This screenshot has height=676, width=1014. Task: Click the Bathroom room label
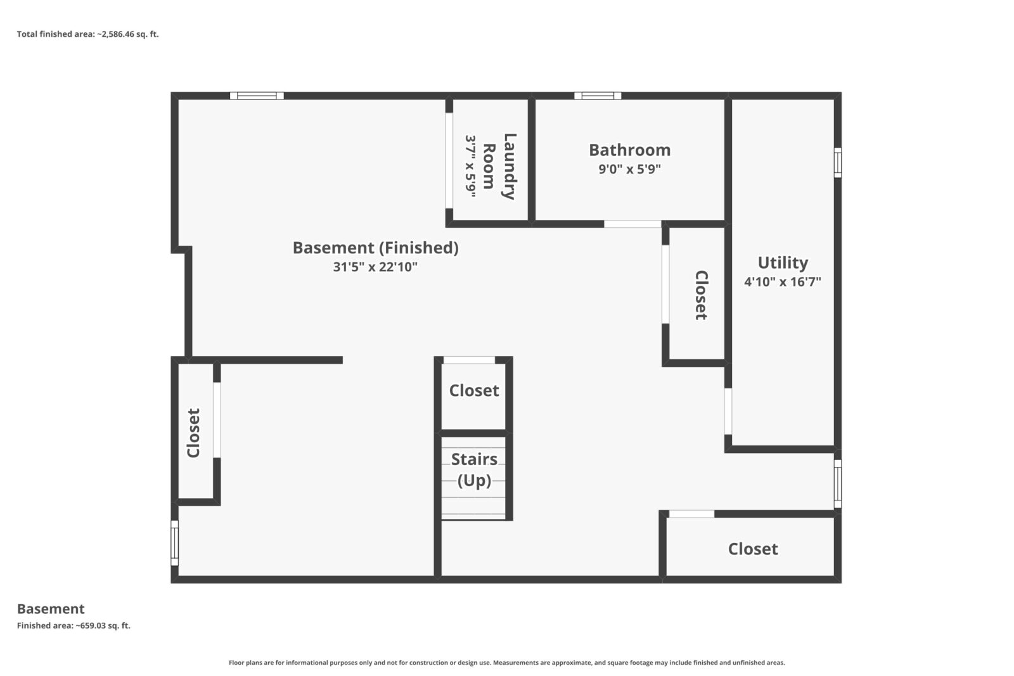pos(630,150)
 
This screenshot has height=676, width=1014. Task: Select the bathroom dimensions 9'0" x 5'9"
pos(630,169)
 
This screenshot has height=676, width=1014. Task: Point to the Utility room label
pos(783,262)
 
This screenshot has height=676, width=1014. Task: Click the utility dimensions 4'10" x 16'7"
pos(783,281)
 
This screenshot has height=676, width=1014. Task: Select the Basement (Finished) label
pos(376,248)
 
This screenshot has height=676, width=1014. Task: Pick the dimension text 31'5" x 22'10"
pos(375,267)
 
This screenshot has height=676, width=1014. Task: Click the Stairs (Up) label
pos(474,469)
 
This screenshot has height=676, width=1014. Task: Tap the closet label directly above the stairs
pos(474,390)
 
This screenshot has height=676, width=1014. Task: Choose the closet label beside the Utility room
pos(701,295)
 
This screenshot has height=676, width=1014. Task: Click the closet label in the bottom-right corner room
pos(753,549)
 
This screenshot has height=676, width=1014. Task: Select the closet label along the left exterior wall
pos(193,433)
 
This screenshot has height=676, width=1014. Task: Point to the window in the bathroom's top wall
pos(598,96)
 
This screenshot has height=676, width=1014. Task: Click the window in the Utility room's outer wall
pos(838,162)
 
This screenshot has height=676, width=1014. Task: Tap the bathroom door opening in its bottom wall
pos(632,224)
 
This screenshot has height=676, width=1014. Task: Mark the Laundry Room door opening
pos(449,161)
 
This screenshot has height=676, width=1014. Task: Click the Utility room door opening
pos(728,411)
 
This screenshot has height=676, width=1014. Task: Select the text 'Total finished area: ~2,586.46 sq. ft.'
pos(88,34)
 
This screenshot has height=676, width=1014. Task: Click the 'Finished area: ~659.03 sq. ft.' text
pos(74,625)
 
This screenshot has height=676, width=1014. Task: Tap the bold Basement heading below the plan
pos(51,609)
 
